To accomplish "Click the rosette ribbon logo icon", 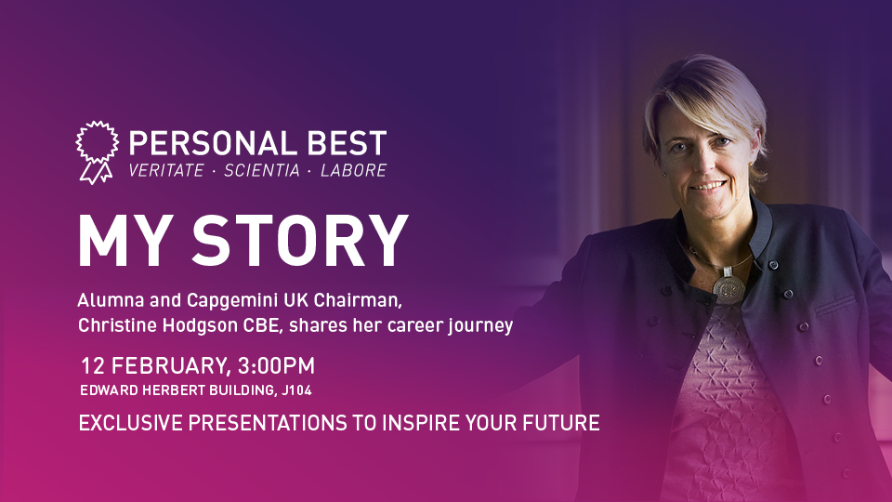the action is click(98, 152).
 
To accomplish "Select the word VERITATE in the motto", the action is click(166, 170).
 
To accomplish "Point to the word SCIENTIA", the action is click(262, 170).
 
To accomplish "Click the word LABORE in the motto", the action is click(353, 170).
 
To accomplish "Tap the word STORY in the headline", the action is click(300, 240).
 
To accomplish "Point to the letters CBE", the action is click(263, 325).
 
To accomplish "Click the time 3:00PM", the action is click(276, 365).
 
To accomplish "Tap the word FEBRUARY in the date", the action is click(171, 366).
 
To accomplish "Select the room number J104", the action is click(296, 390).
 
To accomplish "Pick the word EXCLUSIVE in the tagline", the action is click(131, 423).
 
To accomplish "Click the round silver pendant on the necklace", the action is click(728, 287).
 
